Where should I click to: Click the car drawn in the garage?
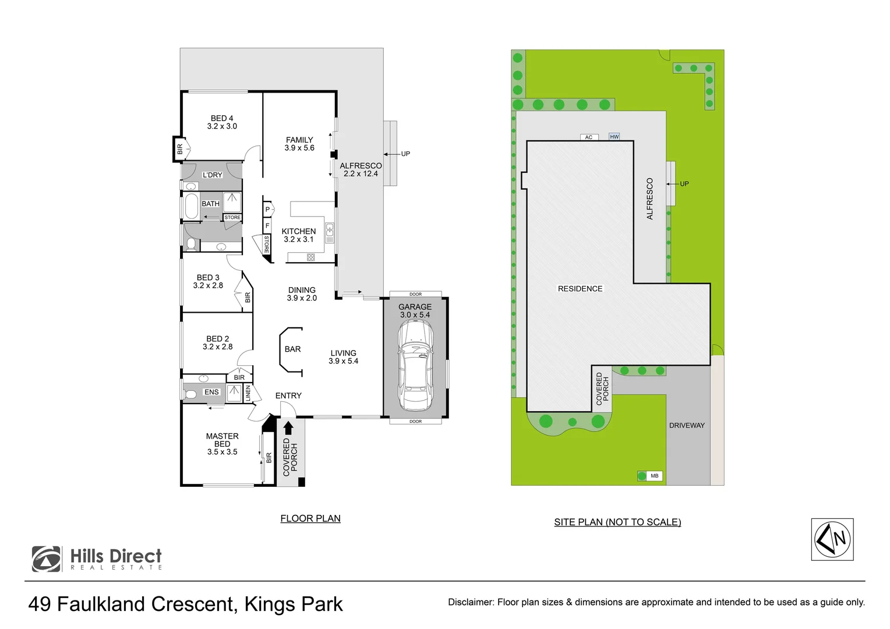(415, 366)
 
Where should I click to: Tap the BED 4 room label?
(222, 118)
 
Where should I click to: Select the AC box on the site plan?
(589, 137)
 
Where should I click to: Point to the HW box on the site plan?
(614, 137)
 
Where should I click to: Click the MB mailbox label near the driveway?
(654, 476)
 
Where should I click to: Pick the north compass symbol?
(832, 539)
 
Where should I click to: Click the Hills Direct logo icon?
(47, 559)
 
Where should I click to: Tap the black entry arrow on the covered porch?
(288, 427)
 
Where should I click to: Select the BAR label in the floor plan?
(292, 349)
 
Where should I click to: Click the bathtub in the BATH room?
(192, 206)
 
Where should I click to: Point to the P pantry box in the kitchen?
(267, 210)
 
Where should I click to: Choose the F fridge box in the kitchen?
(267, 226)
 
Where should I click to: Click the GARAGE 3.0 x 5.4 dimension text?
(415, 314)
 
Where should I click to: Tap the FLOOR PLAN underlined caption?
(310, 518)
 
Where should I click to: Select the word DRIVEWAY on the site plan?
(687, 425)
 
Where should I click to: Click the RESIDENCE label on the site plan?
(580, 289)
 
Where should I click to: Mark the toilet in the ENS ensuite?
(190, 394)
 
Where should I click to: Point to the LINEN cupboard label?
(248, 393)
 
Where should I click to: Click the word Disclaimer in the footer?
(471, 602)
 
